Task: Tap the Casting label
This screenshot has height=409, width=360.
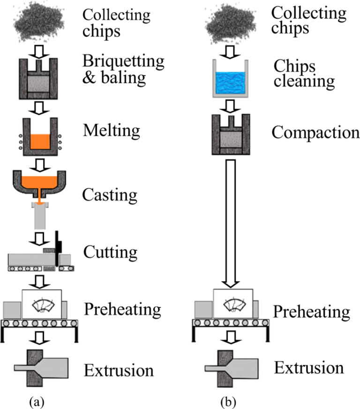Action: pyautogui.click(x=111, y=193)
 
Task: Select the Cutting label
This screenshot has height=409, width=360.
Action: pyautogui.click(x=111, y=252)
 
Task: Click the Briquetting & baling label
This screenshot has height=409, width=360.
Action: pyautogui.click(x=123, y=68)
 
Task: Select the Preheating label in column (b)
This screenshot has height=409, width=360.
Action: pyautogui.click(x=311, y=312)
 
